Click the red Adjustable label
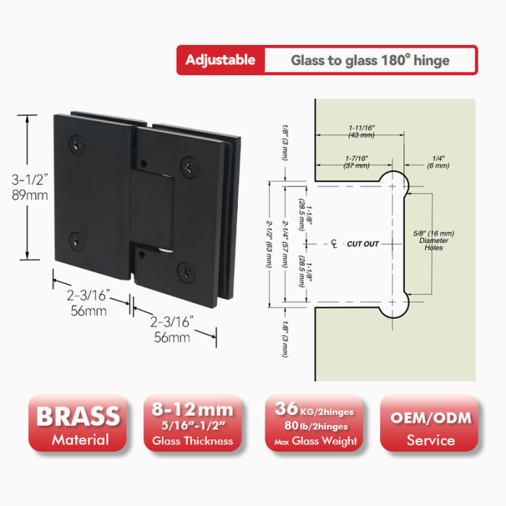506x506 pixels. (220, 60)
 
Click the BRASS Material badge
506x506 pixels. (77, 423)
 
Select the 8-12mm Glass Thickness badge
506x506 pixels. (193, 423)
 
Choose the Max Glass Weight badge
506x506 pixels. (314, 423)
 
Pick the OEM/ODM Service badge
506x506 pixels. (429, 423)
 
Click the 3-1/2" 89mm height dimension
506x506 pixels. (30, 187)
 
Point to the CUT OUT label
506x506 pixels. (363, 244)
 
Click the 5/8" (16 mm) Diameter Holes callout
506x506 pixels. (434, 241)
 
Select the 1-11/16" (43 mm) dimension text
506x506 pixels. (361, 132)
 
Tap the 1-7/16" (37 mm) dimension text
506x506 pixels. (356, 162)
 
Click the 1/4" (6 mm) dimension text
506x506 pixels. (438, 162)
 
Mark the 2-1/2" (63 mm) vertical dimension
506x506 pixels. (269, 244)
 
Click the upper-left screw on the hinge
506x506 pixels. (77, 146)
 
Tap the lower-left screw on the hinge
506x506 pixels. (77, 241)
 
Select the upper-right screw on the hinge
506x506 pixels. (189, 167)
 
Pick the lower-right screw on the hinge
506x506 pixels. (186, 272)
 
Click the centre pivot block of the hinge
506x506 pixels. (153, 210)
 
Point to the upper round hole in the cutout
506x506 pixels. (393, 186)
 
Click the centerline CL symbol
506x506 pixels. (334, 244)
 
